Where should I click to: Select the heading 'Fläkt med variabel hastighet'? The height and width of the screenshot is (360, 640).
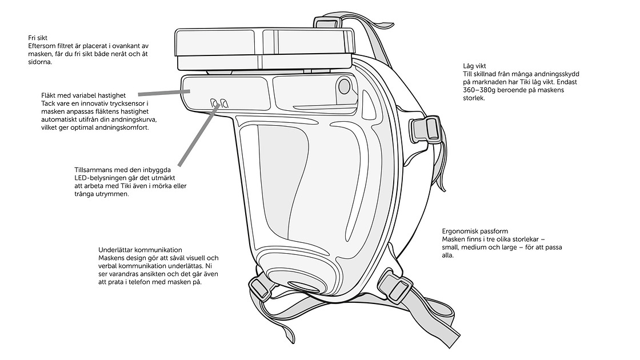pyautogui.click(x=83, y=95)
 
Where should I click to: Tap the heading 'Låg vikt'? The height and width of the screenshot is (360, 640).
pyautogui.click(x=474, y=66)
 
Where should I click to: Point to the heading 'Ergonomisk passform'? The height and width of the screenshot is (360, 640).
pyautogui.click(x=475, y=231)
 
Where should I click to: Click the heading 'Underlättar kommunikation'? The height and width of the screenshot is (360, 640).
pyautogui.click(x=140, y=250)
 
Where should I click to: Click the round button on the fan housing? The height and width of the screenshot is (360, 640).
pyautogui.click(x=344, y=86)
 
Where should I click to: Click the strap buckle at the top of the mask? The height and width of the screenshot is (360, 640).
pyautogui.click(x=326, y=22)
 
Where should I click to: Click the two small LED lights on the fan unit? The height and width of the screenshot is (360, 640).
pyautogui.click(x=219, y=103)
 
